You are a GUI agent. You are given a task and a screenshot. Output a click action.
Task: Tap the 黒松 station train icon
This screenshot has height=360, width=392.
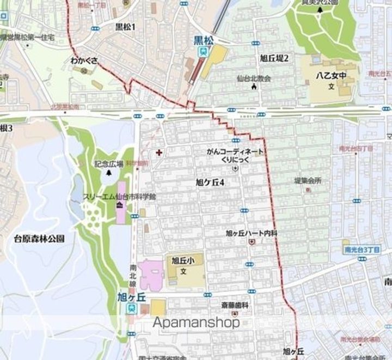tap(203, 52)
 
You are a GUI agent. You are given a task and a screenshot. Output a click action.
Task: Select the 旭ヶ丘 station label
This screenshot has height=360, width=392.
tap(132, 296)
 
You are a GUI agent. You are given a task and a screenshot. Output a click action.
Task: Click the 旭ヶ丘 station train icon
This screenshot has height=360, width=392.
tap(132, 308)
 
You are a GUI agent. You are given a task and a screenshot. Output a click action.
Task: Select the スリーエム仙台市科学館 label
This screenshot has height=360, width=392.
tap(119, 196)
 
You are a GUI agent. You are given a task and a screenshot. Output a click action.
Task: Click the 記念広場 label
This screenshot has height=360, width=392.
tap(109, 163)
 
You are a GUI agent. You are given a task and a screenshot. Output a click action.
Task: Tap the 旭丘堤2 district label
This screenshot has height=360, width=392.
tap(274, 58)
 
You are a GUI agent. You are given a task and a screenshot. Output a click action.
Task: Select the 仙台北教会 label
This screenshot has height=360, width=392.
tap(253, 78)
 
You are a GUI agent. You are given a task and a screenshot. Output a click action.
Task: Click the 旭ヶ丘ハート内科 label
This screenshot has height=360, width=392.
tap(252, 233)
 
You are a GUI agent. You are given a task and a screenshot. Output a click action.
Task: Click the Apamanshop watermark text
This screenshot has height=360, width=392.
tap(196, 322)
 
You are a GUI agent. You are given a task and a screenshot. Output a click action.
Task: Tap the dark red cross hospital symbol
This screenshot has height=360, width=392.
tap(158, 152)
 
